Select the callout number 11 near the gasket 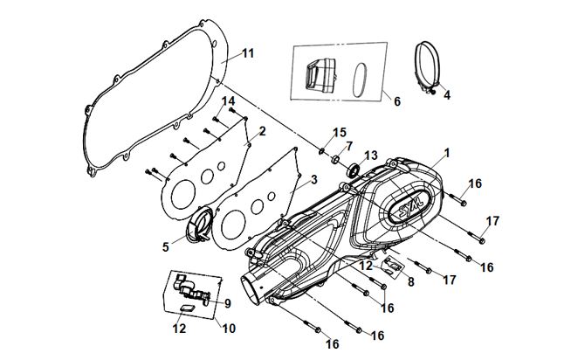pos(248,53)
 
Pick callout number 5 pos(164,247)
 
